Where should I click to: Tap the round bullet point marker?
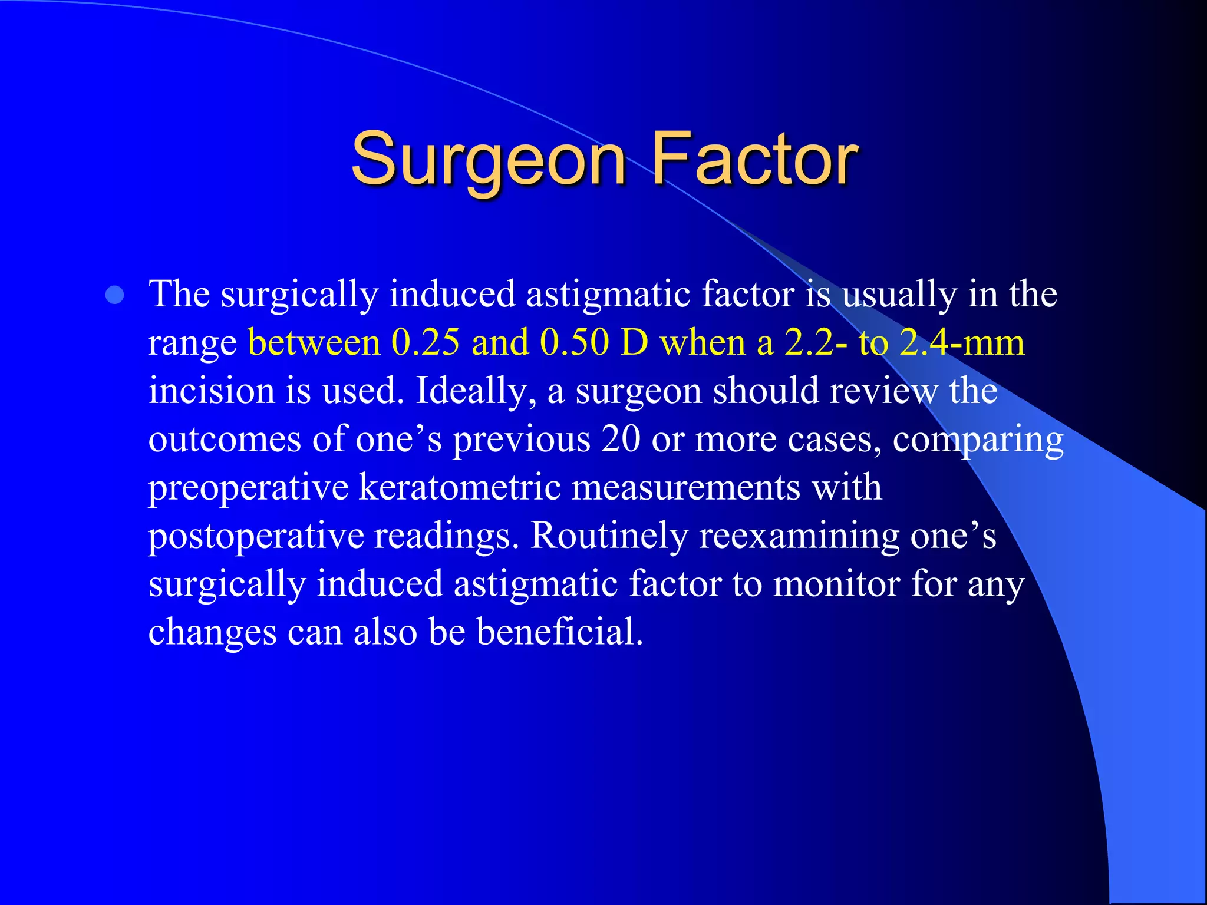115,295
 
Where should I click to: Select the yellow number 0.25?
425,342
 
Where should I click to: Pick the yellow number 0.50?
574,342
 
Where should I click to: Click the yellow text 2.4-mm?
962,342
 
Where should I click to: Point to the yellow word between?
314,342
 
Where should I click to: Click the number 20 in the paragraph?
621,440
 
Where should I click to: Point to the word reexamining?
799,537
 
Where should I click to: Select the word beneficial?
559,632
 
